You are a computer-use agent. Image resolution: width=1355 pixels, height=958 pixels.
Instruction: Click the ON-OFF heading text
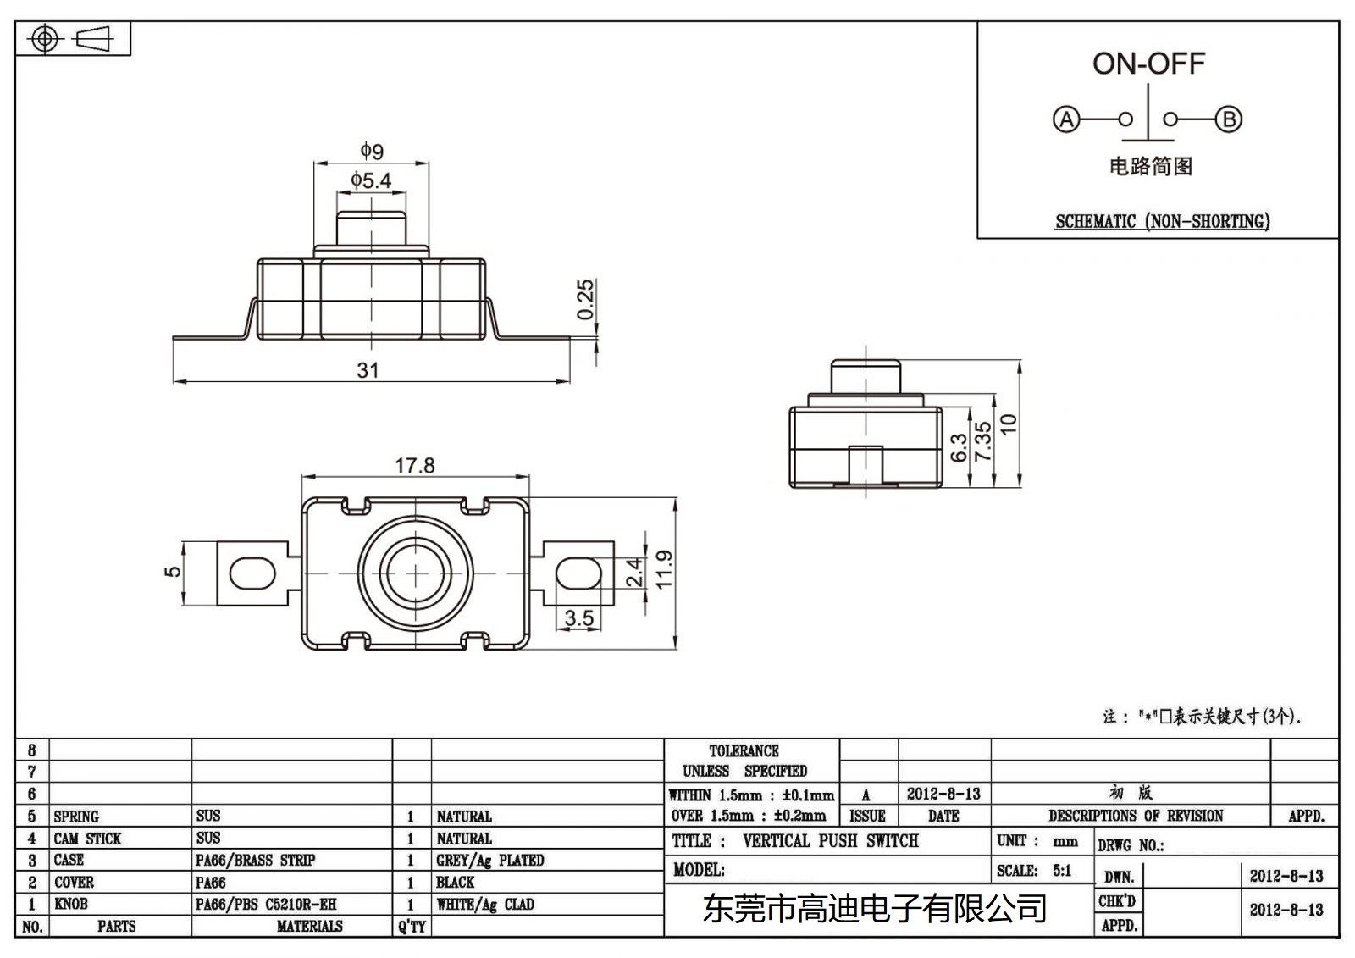pos(1148,64)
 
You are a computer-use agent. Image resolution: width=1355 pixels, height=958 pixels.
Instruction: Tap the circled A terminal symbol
pos(1066,119)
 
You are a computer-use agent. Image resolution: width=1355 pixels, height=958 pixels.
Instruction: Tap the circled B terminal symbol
pos(1229,119)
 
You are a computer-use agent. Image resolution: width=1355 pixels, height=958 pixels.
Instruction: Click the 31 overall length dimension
pos(368,370)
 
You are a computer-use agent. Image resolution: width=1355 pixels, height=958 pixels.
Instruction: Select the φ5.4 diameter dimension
pos(371,180)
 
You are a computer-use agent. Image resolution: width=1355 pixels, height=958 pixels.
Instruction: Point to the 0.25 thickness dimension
pos(585,300)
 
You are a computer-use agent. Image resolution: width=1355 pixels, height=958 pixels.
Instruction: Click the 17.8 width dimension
pos(414,465)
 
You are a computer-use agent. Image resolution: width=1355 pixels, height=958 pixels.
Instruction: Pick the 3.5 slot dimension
pos(579,618)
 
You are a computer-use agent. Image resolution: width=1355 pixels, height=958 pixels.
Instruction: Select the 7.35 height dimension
pos(982,441)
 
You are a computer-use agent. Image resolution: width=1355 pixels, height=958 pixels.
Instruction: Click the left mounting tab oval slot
pos(252,573)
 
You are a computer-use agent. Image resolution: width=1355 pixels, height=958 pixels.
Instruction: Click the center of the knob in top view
pos(415,573)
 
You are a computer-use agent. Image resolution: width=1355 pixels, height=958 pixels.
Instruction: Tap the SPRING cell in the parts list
pos(76,817)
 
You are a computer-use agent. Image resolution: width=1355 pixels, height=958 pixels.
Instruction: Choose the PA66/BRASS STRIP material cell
pos(255,861)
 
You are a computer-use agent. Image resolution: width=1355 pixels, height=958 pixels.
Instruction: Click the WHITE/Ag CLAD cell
pos(484,905)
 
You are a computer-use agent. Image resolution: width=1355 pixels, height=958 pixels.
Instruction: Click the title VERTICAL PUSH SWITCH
pos(830,841)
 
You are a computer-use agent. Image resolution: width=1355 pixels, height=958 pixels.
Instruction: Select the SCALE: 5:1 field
pos(1033,871)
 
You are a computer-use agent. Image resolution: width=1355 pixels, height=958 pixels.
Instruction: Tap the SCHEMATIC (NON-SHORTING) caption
pos(1162,222)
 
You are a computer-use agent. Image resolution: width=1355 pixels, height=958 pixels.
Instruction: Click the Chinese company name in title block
pos(874,909)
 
